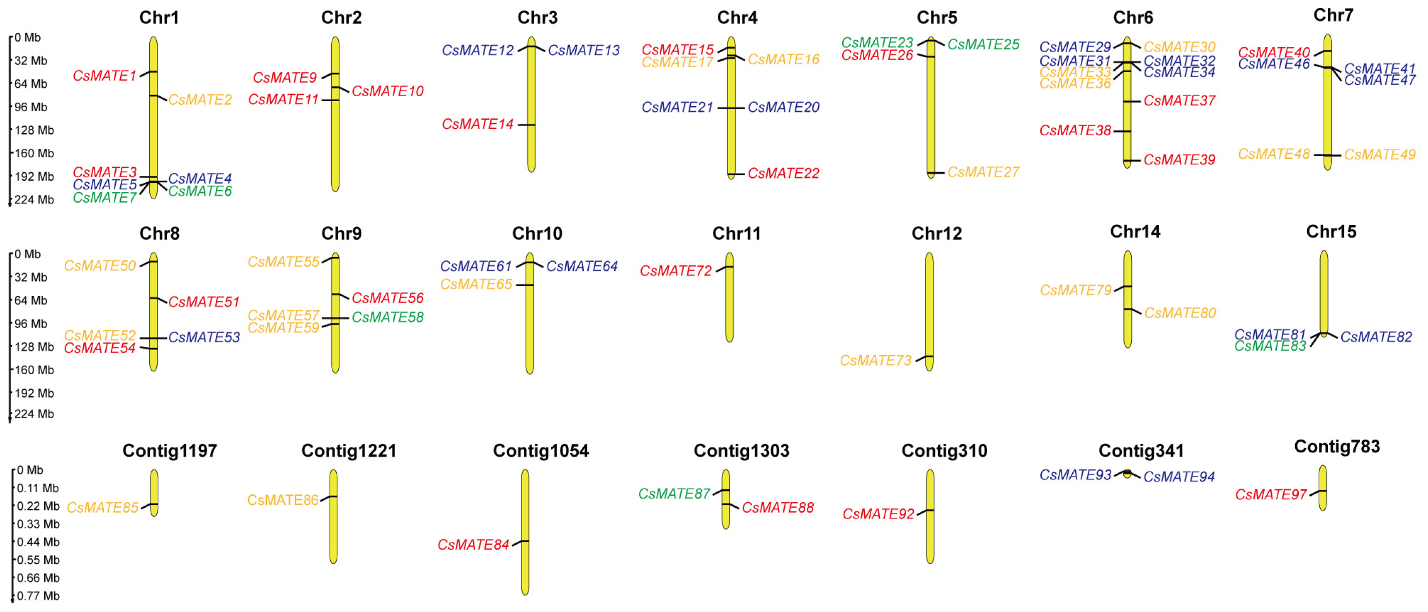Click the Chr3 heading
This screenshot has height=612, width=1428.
[x=537, y=18]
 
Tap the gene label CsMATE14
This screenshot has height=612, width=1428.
[x=478, y=124]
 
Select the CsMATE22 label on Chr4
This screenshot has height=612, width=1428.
[x=783, y=173]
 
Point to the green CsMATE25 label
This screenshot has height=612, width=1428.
[x=984, y=44]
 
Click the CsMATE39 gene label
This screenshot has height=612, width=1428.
[x=1179, y=160]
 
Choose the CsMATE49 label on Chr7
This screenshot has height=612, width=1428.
[x=1380, y=155]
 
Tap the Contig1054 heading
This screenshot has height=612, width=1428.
[x=541, y=451]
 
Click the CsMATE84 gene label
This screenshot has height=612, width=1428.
[x=473, y=545]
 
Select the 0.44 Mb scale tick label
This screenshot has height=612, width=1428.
[x=38, y=542]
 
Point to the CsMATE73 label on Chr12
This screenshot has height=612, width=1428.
[x=876, y=361]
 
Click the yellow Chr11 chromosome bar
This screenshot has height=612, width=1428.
[x=730, y=297]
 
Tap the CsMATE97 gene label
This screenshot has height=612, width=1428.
[x=1271, y=495]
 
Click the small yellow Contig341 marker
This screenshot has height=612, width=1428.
[x=1127, y=474]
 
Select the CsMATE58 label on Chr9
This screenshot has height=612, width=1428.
[x=387, y=318]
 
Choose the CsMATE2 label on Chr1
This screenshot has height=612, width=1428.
[x=200, y=100]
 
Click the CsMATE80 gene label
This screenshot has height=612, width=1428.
[x=1180, y=313]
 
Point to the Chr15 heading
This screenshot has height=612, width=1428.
[x=1331, y=231]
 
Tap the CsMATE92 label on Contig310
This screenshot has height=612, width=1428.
[x=878, y=514]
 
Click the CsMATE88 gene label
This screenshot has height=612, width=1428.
[x=778, y=508]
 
